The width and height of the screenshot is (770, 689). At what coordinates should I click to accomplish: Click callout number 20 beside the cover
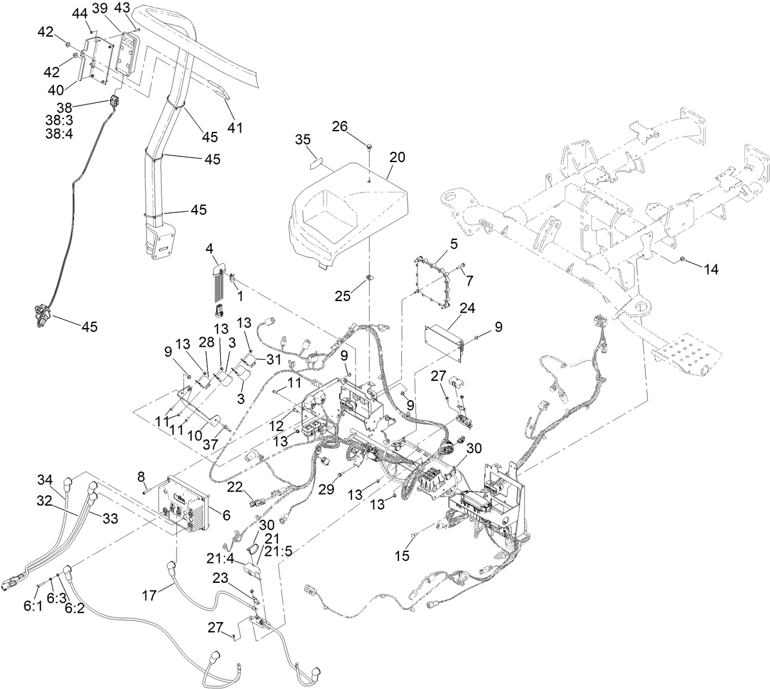click(397, 156)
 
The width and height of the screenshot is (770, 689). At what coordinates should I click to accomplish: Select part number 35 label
click(303, 140)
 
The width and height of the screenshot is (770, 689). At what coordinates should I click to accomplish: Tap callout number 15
click(402, 555)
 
